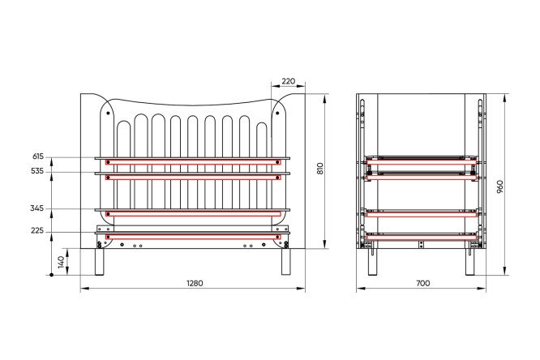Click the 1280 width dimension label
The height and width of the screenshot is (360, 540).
[x=195, y=283]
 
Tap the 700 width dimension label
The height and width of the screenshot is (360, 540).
[x=423, y=283]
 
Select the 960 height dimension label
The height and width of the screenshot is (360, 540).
[x=500, y=186]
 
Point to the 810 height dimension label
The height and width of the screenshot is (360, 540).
[x=320, y=169]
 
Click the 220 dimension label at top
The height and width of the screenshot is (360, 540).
[x=289, y=81]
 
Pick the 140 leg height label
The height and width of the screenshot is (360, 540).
[x=61, y=262]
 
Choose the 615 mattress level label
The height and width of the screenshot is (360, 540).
[x=38, y=156]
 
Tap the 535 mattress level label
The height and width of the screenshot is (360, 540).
[x=37, y=171]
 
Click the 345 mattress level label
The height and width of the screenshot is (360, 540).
[x=37, y=208]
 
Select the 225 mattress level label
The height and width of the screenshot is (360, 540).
[x=37, y=231]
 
